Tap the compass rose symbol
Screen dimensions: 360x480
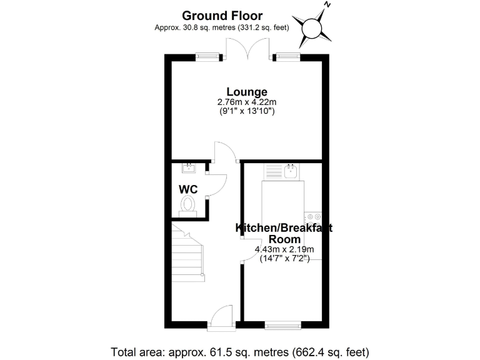click(312, 29)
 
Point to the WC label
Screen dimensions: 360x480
click(189, 189)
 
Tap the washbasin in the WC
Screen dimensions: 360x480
click(189, 167)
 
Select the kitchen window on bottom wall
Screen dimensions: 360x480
click(283, 325)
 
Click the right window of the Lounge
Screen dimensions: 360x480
click(287, 57)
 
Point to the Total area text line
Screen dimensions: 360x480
click(240, 351)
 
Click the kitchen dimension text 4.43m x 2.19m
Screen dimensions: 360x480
click(284, 249)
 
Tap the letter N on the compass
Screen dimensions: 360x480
click(326, 6)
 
